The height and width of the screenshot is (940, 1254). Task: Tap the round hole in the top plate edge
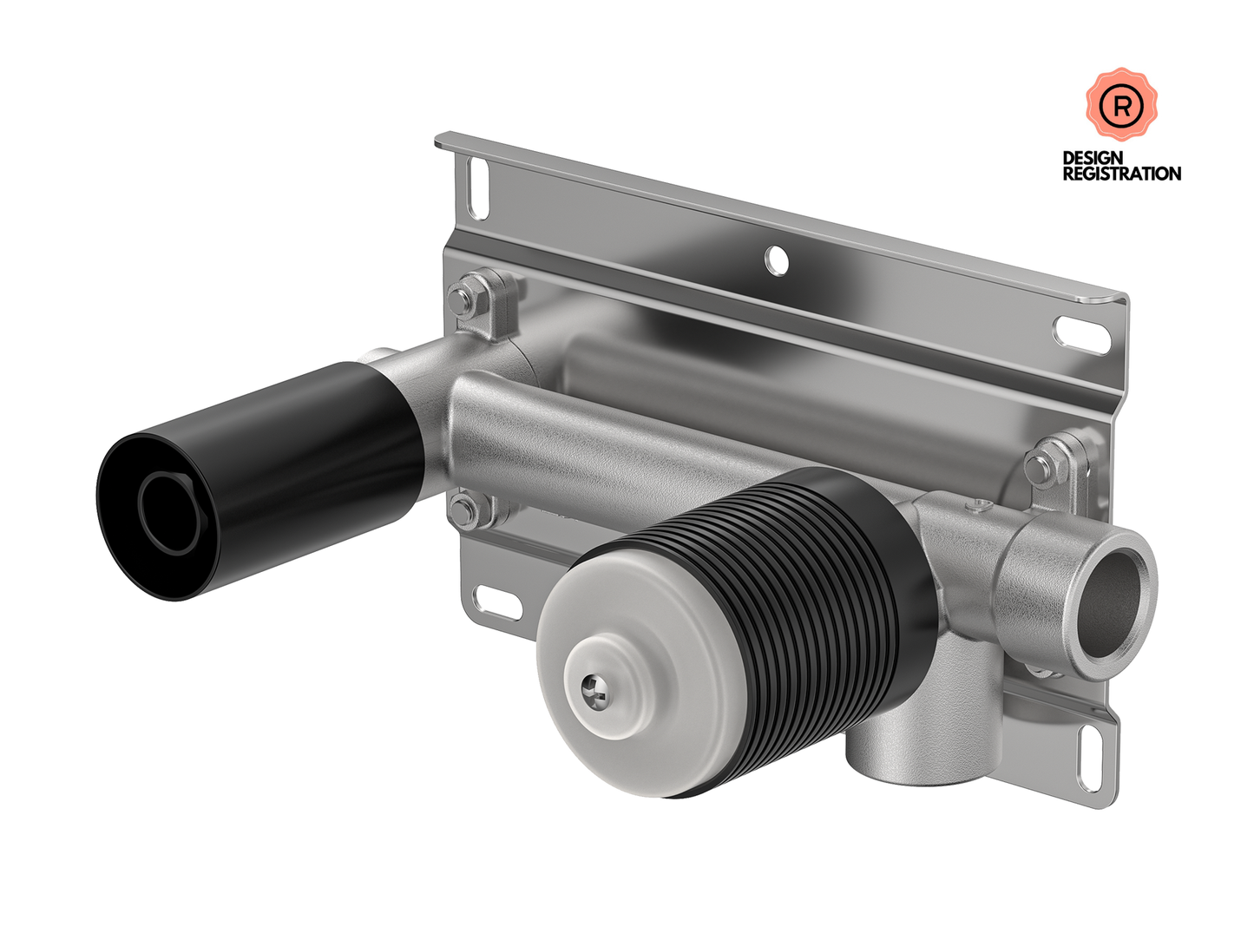777,260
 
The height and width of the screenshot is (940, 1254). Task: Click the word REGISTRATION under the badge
1121,174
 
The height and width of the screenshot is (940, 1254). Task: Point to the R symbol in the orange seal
1121,107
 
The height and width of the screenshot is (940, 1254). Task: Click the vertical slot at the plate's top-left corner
477,187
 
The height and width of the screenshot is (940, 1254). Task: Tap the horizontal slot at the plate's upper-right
1081,335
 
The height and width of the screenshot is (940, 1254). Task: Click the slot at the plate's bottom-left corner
498,602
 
